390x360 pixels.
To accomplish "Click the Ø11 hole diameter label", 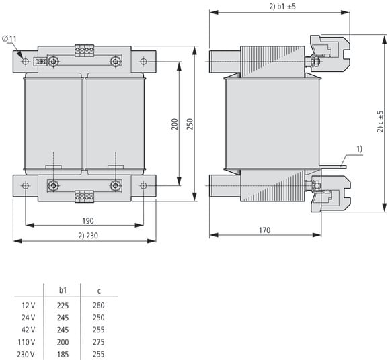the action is click(x=9, y=39).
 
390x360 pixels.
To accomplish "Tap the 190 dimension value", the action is click(x=88, y=220).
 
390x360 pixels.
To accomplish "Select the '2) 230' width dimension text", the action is click(x=88, y=236).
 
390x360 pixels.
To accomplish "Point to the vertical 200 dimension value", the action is click(x=175, y=124).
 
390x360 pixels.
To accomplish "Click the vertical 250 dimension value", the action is click(x=190, y=124).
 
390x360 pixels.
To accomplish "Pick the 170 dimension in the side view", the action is click(x=265, y=230).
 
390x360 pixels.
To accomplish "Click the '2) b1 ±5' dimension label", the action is click(x=282, y=7).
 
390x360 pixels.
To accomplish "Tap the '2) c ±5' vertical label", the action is click(x=381, y=122).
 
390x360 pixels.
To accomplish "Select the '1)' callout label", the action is click(x=360, y=149).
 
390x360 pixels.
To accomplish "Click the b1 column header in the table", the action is click(x=63, y=290).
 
